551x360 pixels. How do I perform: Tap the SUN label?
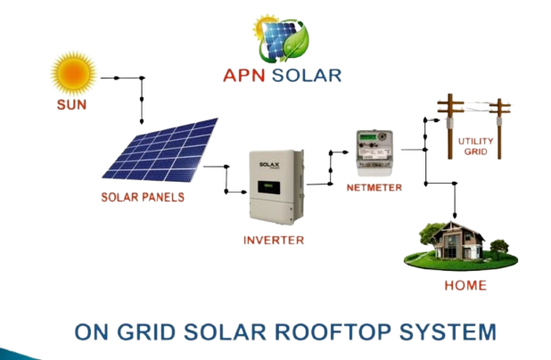pyautogui.click(x=73, y=105)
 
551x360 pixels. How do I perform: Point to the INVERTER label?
pyautogui.click(x=274, y=240)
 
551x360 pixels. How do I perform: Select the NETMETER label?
pyautogui.click(x=374, y=188)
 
